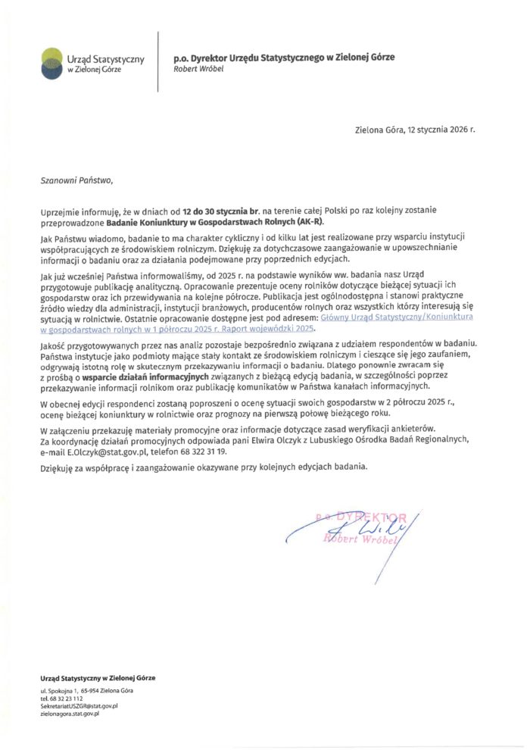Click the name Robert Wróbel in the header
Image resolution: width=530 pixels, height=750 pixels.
pyautogui.click(x=195, y=68)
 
